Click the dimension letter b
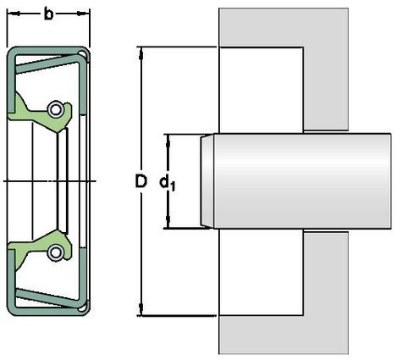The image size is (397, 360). pyautogui.click(x=48, y=14)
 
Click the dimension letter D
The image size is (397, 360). pyautogui.click(x=141, y=181)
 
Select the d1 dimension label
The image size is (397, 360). pyautogui.click(x=168, y=183)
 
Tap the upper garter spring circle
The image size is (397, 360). pyautogui.click(x=55, y=109)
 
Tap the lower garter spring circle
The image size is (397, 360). pyautogui.click(x=55, y=252)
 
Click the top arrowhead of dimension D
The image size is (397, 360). pyautogui.click(x=141, y=53)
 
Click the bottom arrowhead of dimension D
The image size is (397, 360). pyautogui.click(x=141, y=310)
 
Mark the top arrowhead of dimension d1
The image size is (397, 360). pyautogui.click(x=168, y=141)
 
